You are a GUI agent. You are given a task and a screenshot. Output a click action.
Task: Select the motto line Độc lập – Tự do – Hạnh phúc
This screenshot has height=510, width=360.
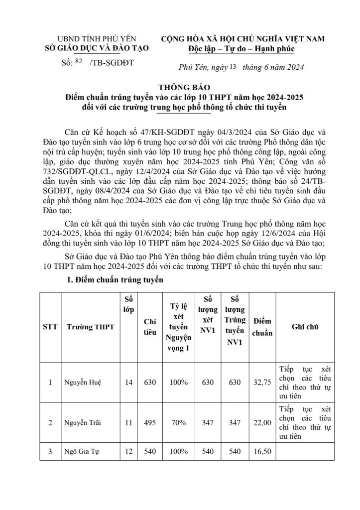coord(241,49)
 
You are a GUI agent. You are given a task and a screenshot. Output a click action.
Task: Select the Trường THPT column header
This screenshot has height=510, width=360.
coord(90,327)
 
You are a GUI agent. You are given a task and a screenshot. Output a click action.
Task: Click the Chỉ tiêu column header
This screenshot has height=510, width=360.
coord(149,327)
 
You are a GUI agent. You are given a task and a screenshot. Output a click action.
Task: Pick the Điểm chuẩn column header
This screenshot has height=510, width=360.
coord(262,327)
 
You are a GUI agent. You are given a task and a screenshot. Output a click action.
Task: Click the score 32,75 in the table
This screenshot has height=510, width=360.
coord(262,382)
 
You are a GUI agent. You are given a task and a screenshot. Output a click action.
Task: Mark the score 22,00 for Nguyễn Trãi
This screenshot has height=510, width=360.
coord(262,422)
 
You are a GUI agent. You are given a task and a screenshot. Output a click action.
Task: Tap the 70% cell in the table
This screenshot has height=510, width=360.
coord(178,422)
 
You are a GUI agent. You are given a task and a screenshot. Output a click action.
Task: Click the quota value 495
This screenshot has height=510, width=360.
coord(150,422)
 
